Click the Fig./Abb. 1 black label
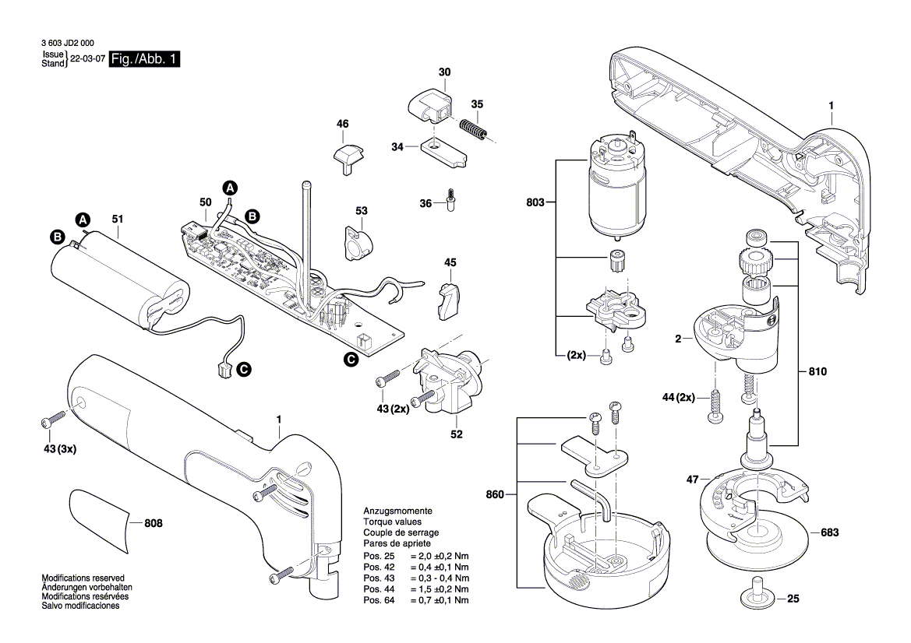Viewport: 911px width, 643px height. click(x=144, y=60)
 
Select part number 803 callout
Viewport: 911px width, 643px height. click(x=534, y=202)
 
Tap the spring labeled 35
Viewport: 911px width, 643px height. click(x=474, y=128)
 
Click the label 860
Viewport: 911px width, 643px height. click(x=496, y=494)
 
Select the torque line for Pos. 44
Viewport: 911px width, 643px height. click(x=416, y=589)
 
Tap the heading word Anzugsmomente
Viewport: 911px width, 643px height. click(x=397, y=511)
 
